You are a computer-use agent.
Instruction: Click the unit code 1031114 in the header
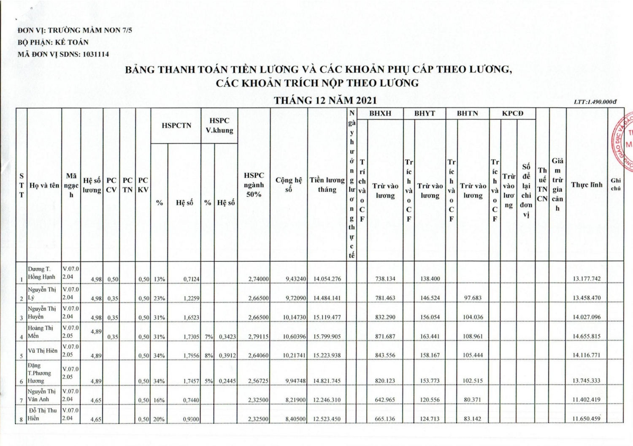tap(96, 54)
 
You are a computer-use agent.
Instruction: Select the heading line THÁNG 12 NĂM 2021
tap(325, 100)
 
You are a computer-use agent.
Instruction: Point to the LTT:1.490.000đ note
tap(595, 102)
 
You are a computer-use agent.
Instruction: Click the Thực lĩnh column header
tap(587, 185)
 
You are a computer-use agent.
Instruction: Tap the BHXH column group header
tap(380, 113)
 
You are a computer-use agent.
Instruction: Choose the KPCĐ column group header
tap(512, 113)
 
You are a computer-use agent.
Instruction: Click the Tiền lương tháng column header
tap(327, 185)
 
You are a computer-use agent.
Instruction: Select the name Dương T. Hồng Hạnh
tap(41, 273)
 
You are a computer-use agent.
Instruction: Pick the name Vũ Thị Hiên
tap(43, 351)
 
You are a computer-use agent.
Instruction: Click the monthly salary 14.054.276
tap(327, 279)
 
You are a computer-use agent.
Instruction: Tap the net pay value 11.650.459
tap(586, 419)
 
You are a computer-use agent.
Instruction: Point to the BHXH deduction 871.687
tap(385, 336)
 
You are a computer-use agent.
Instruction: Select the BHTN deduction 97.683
tap(473, 298)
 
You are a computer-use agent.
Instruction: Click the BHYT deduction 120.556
tap(430, 400)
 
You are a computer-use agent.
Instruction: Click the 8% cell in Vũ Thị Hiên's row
tap(208, 356)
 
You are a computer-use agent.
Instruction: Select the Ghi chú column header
tap(616, 184)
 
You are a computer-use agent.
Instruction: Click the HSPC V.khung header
tap(219, 125)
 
